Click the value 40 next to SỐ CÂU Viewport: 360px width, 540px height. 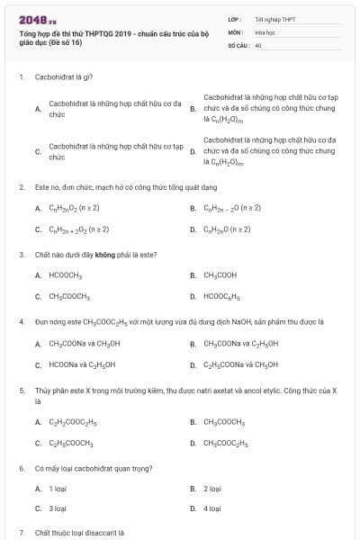(x=258, y=43)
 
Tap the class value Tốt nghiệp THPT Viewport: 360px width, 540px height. (x=274, y=18)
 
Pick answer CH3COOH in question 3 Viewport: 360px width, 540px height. (x=220, y=274)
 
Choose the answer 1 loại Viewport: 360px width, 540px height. (x=58, y=489)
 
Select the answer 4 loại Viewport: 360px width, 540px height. (x=212, y=508)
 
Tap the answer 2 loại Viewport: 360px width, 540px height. (x=212, y=489)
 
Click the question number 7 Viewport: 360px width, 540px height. (x=21, y=533)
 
